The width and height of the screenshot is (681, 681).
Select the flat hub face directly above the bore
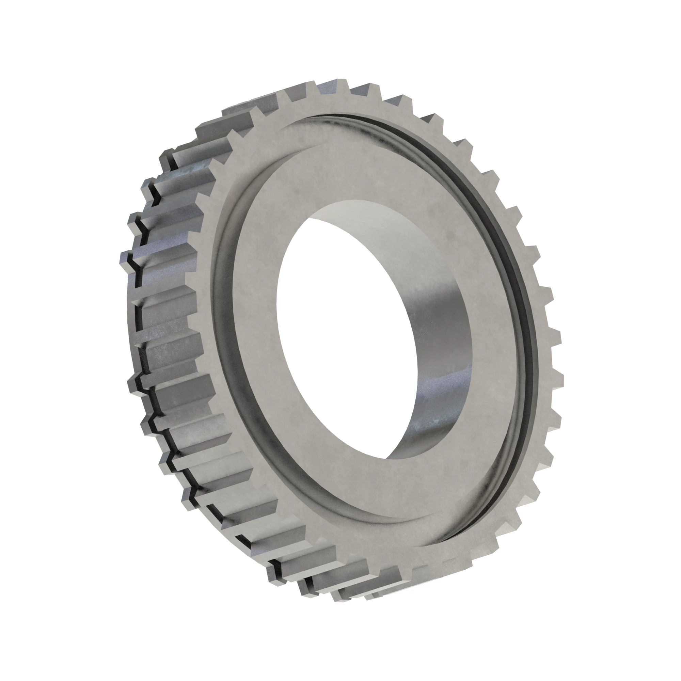pyautogui.click(x=352, y=169)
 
